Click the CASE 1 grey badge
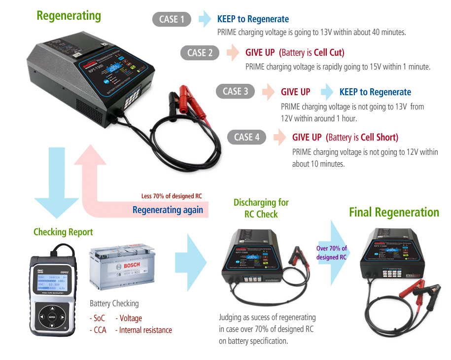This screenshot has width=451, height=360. [171, 19]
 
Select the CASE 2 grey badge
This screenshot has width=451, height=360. [200, 53]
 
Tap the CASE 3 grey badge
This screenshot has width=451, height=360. [235, 91]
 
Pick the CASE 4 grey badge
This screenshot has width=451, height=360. [246, 137]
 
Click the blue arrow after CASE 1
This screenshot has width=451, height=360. [205, 19]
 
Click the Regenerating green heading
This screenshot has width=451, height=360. [69, 15]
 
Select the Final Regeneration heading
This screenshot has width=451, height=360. [393, 212]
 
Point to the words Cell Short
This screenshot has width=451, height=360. [379, 137]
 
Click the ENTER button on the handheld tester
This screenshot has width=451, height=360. [52, 316]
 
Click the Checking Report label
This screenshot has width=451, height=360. [63, 232]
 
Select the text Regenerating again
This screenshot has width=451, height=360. [168, 210]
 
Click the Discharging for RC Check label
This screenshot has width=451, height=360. [261, 208]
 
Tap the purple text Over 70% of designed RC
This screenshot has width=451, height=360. [331, 252]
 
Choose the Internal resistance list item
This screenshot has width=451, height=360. [145, 330]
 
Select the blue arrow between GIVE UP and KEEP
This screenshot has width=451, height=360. [326, 92]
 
